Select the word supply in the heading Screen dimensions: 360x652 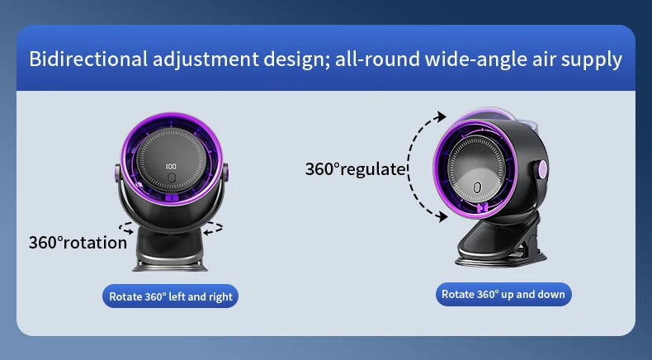[592, 59]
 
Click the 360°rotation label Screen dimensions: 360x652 [78, 243]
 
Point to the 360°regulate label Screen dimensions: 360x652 [356, 169]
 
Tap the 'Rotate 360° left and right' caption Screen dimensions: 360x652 [170, 296]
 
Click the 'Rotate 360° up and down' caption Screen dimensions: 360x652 [503, 294]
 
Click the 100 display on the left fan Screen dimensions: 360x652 [171, 166]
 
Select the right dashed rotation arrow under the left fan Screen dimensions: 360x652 [213, 227]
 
